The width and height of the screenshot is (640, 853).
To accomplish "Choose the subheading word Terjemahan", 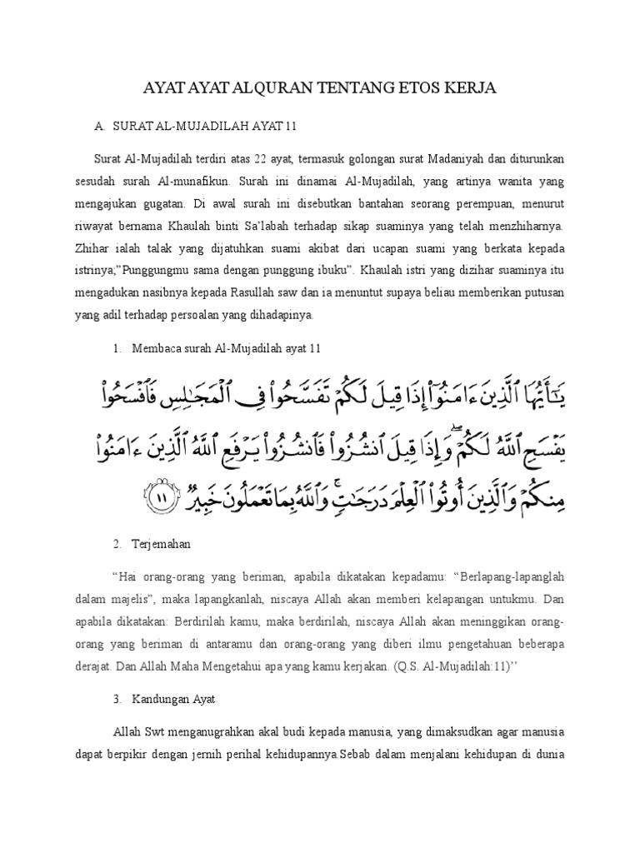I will click(x=161, y=543).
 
